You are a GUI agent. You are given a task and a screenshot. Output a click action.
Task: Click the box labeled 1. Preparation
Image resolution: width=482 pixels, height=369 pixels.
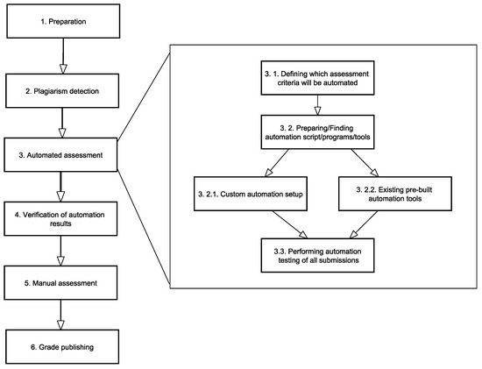(x=63, y=21)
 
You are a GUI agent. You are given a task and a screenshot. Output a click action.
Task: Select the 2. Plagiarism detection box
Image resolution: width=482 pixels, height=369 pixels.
(x=62, y=90)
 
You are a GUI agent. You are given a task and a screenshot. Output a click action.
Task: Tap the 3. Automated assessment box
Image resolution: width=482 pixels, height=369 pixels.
(x=60, y=154)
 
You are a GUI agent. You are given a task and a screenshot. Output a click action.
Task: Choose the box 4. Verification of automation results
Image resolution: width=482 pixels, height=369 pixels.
(x=60, y=218)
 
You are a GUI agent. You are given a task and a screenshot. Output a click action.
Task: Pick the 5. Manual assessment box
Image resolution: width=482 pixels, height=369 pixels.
(x=60, y=282)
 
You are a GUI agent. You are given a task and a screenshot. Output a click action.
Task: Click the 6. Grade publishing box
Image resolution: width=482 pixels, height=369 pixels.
(x=62, y=347)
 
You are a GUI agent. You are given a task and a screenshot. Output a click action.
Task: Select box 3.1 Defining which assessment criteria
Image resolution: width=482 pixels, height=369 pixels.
(x=317, y=78)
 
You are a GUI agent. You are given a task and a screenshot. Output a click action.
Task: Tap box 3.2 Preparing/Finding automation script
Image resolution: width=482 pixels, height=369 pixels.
(x=317, y=132)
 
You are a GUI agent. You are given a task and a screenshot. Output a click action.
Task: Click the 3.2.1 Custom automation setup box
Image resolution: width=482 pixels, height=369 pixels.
(x=251, y=194)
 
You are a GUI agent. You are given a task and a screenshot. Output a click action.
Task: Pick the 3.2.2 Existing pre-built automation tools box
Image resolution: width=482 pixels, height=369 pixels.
(x=395, y=194)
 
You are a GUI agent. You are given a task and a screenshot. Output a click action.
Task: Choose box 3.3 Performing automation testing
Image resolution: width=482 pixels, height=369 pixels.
(x=317, y=255)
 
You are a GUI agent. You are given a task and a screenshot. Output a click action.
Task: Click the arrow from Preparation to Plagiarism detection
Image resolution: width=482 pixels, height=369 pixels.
(x=63, y=56)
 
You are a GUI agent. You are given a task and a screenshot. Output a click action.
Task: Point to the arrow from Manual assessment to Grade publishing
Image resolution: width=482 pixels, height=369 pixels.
(x=60, y=315)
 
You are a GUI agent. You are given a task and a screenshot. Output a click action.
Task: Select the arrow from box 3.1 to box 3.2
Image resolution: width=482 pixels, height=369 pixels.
(x=317, y=105)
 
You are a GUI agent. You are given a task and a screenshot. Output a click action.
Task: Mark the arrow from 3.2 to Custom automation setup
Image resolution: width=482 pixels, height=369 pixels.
(x=277, y=163)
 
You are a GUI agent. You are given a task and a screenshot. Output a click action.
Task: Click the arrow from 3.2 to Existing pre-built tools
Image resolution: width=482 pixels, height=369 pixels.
(x=365, y=163)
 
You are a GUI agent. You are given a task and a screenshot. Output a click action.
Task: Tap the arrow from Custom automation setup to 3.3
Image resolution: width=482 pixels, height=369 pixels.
(x=289, y=224)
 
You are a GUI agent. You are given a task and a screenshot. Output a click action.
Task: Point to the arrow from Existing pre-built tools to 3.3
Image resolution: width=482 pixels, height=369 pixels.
(x=364, y=224)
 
